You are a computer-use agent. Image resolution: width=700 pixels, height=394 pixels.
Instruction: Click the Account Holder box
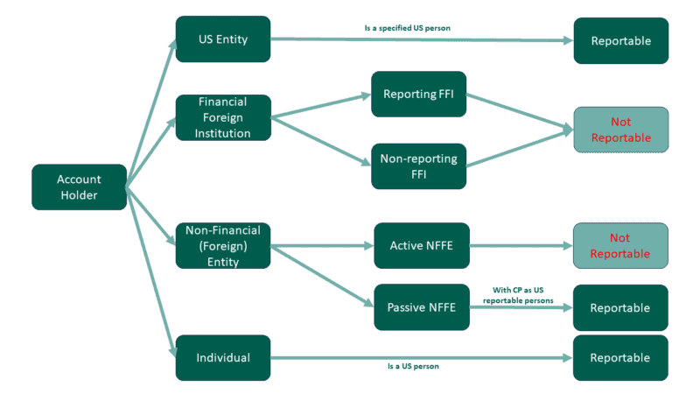click(79, 186)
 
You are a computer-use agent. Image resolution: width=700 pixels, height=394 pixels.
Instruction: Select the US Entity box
click(223, 39)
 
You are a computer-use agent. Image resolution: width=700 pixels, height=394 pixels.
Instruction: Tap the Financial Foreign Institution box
click(223, 117)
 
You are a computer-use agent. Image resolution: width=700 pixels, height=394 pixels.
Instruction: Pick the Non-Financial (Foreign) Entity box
click(223, 246)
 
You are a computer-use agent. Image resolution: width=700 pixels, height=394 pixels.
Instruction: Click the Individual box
click(223, 357)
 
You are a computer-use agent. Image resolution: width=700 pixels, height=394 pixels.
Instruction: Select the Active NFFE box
click(422, 246)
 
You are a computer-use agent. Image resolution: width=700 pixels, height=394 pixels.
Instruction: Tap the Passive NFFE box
click(422, 307)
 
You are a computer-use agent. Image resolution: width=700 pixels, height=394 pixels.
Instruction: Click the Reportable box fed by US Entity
click(620, 40)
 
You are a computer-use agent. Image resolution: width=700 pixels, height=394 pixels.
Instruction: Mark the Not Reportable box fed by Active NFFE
click(620, 246)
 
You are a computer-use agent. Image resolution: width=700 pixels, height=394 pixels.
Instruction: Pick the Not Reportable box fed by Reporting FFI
click(620, 130)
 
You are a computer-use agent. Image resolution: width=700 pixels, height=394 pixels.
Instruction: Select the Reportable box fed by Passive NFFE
click(620, 307)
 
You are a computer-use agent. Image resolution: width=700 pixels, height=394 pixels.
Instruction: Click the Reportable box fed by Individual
click(620, 357)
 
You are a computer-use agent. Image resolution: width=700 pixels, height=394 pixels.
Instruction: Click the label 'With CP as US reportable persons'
click(518, 294)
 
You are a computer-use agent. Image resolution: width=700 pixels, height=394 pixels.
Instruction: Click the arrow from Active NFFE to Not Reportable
click(521, 246)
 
